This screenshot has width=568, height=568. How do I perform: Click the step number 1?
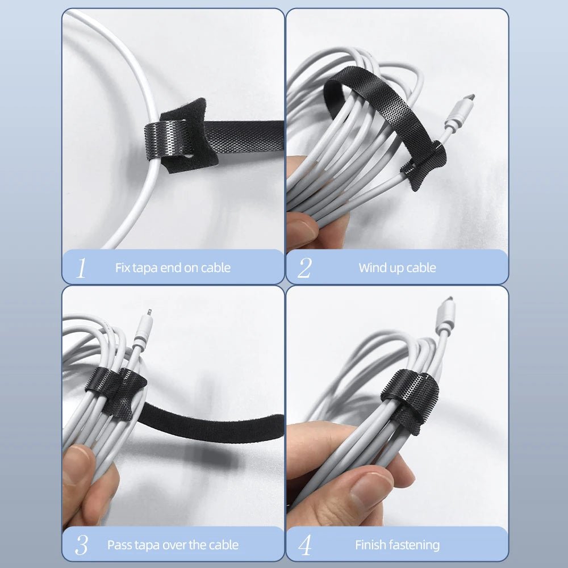click(x=81, y=268)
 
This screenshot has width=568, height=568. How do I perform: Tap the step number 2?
click(x=304, y=268)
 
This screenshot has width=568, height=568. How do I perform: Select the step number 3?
click(x=81, y=545)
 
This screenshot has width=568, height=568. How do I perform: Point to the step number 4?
click(x=305, y=545)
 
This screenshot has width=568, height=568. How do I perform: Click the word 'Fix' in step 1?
click(x=123, y=268)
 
